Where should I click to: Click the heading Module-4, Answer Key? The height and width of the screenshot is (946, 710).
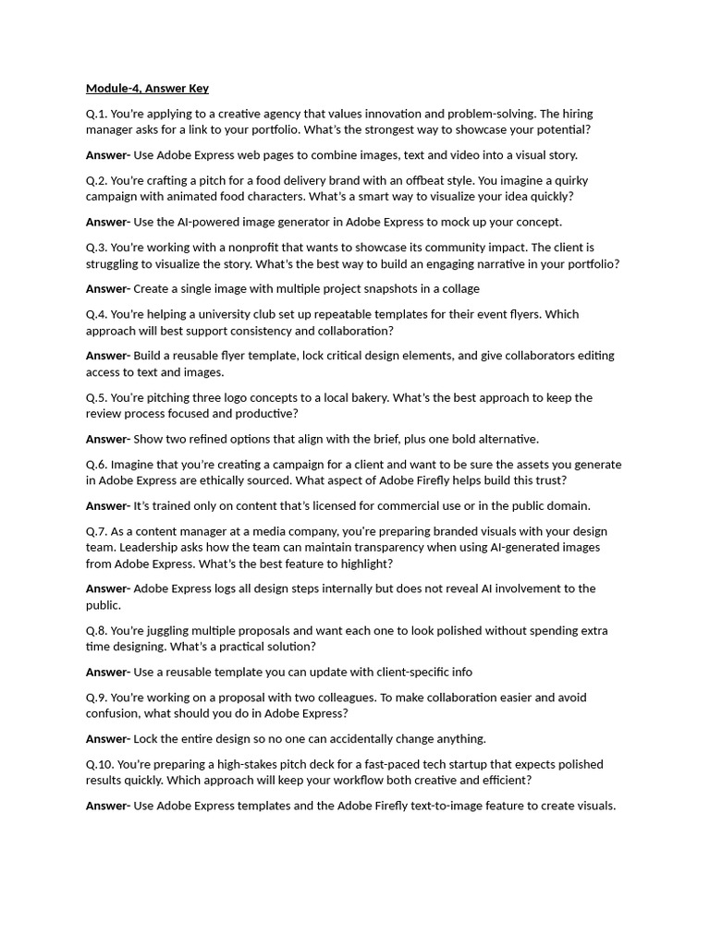coord(147,89)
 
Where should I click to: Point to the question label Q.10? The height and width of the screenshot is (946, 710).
coord(100,764)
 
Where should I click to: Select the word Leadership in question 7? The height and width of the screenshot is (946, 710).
coord(116,547)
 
